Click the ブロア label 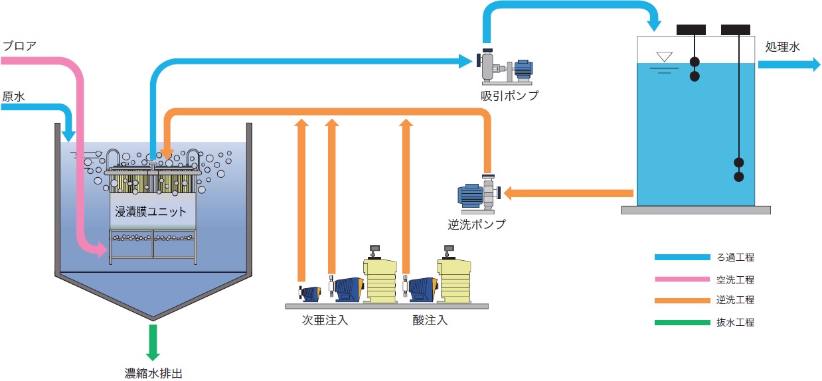(x=19, y=46)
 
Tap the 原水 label (x=13, y=96)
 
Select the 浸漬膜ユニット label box (x=151, y=212)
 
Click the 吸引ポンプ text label (x=510, y=96)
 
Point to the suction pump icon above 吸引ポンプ (x=505, y=67)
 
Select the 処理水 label (x=783, y=47)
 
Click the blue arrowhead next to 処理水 (x=813, y=64)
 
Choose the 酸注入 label (x=430, y=321)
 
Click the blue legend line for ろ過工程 (x=682, y=258)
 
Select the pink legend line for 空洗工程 (x=682, y=279)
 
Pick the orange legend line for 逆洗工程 (x=682, y=301)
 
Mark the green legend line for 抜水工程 (x=682, y=323)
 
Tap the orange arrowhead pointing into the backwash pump (x=509, y=193)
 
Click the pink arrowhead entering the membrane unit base (x=102, y=250)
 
